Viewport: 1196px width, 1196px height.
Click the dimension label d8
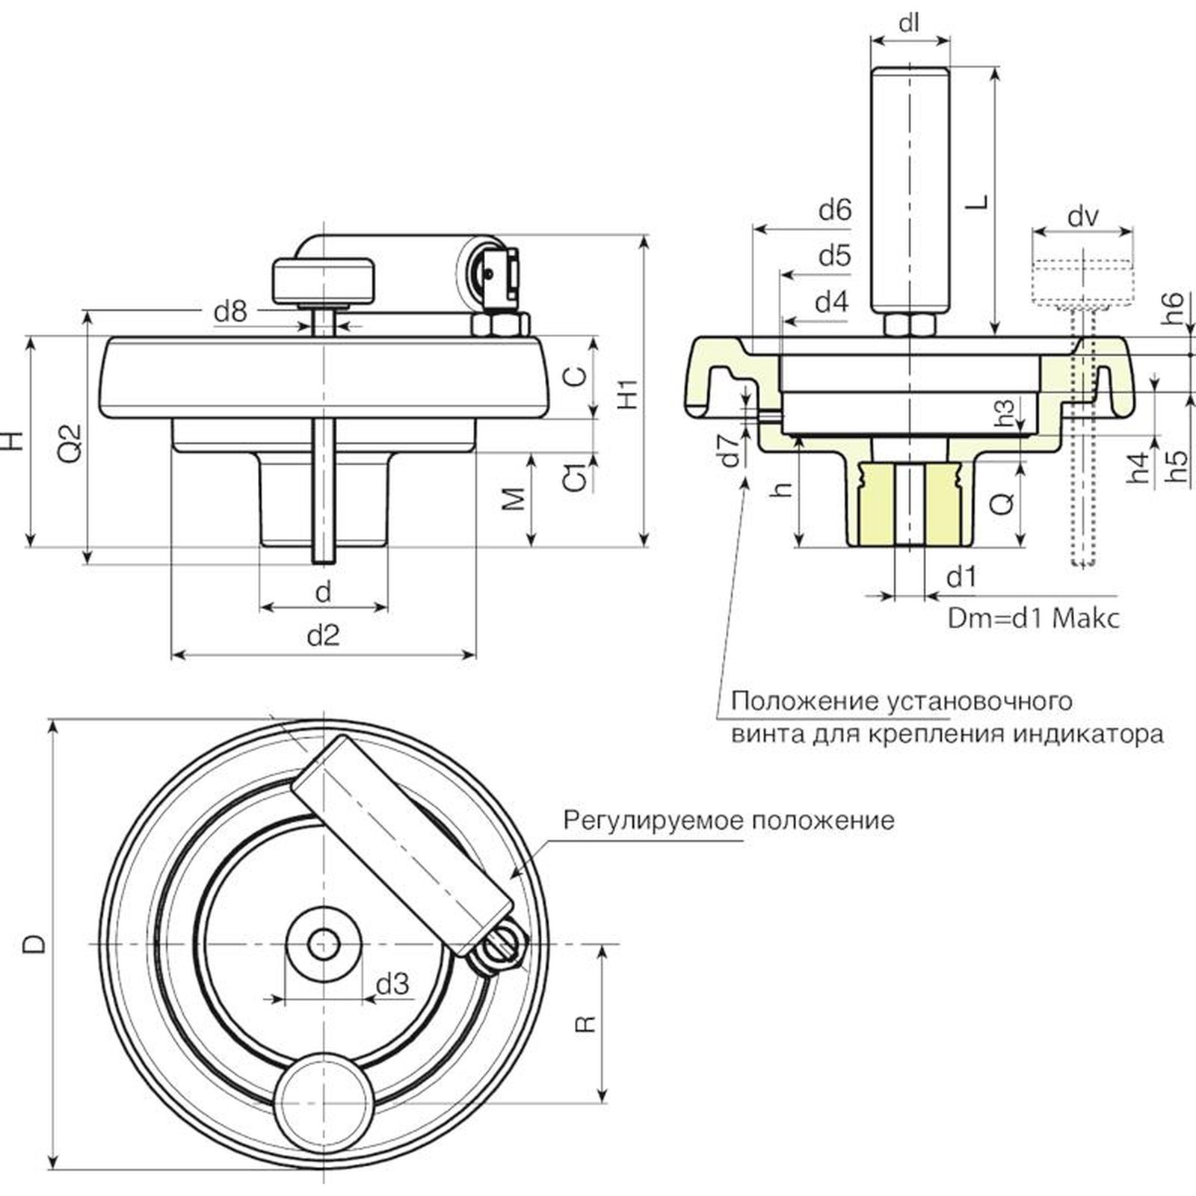click(230, 311)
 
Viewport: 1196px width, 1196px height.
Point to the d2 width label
click(324, 636)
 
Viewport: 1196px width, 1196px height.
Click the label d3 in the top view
click(392, 984)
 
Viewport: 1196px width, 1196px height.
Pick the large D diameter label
click(34, 945)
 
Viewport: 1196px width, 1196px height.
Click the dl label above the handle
click(909, 23)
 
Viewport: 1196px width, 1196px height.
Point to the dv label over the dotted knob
click(1083, 217)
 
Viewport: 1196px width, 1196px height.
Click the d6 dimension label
click(834, 210)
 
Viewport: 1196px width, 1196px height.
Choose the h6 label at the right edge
click(1174, 308)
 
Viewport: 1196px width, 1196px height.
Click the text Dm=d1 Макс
click(1034, 618)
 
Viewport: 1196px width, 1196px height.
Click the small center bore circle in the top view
click(324, 945)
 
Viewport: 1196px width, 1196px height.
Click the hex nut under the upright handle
click(910, 325)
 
